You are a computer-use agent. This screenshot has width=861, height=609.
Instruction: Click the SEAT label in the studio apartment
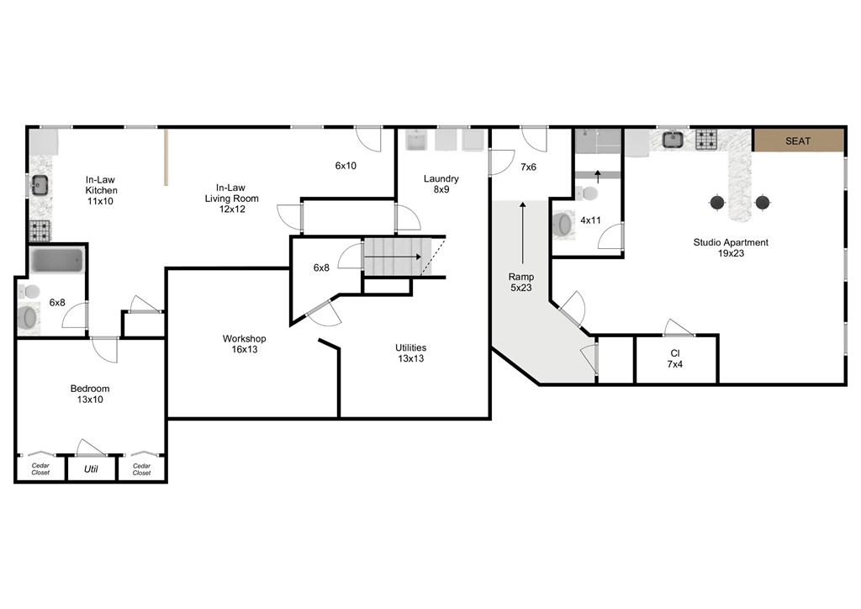tap(797, 141)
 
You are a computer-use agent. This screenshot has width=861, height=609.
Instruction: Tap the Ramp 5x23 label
tap(521, 283)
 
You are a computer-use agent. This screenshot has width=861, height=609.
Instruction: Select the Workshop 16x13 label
tap(245, 344)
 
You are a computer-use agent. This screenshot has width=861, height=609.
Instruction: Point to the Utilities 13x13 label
tap(410, 353)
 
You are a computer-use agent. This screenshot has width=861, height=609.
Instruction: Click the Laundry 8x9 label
tap(441, 184)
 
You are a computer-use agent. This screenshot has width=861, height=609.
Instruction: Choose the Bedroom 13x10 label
tap(90, 394)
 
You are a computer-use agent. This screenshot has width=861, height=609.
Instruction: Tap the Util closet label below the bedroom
tap(91, 469)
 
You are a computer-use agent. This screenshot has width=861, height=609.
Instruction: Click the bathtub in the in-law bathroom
tap(56, 260)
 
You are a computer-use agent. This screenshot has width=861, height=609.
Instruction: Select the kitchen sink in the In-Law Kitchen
tap(40, 185)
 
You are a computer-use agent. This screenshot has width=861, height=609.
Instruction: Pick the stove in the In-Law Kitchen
tap(40, 230)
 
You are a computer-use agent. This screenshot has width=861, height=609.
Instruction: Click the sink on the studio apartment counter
tap(672, 140)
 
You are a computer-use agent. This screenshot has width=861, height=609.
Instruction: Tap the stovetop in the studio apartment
tap(706, 140)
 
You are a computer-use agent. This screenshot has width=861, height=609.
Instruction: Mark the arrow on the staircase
tap(393, 257)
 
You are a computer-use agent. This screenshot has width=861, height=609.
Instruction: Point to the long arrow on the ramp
tap(523, 233)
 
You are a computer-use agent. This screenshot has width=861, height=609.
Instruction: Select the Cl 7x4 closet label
tap(675, 358)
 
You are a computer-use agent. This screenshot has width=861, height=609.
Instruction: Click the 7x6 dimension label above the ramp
tap(528, 167)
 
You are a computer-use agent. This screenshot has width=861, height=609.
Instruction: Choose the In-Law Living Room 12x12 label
tap(231, 199)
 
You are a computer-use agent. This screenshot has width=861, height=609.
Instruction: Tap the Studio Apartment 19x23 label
tap(731, 247)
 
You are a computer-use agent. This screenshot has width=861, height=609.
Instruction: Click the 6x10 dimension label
tap(346, 166)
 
